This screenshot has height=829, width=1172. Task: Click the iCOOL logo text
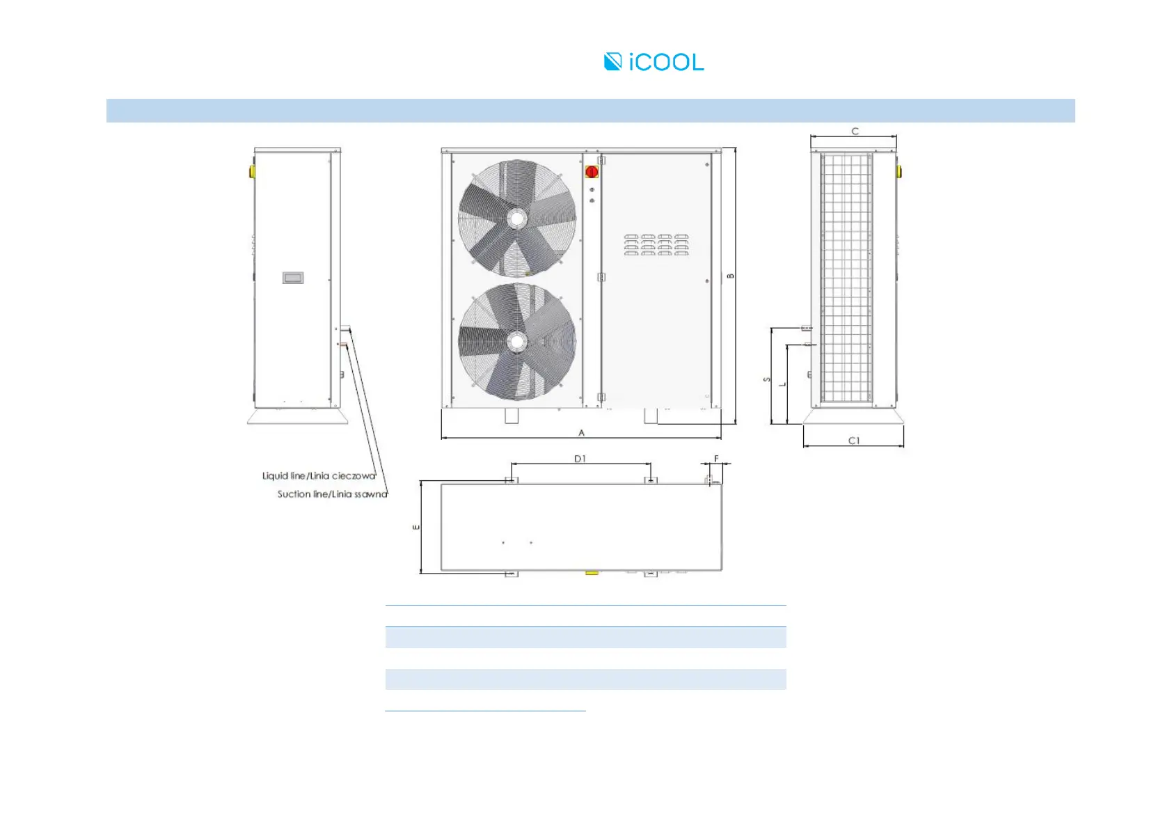click(665, 62)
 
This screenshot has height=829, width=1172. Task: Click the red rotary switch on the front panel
click(592, 171)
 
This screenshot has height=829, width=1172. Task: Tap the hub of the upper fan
click(517, 219)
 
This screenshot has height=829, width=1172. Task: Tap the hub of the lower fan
click(517, 342)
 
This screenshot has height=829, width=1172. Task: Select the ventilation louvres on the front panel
click(656, 245)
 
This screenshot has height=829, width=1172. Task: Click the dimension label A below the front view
click(582, 433)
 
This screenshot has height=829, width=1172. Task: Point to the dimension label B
click(731, 276)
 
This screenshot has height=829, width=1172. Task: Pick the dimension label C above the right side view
click(855, 131)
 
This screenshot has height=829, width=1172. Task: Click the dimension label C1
click(854, 441)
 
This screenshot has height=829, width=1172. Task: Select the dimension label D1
click(580, 459)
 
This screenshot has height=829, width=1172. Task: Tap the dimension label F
click(716, 459)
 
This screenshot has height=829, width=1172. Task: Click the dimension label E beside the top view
click(416, 527)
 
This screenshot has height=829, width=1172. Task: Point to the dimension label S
click(767, 379)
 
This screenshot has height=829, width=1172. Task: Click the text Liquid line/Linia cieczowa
click(319, 476)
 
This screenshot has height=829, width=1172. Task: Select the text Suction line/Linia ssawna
click(332, 494)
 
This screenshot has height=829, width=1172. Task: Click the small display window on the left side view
click(293, 278)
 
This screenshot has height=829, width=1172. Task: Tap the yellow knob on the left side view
click(251, 171)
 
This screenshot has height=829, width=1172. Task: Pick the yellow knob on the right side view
click(899, 171)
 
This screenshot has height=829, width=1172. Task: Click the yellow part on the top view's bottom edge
click(592, 573)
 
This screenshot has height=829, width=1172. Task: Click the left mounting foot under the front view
click(512, 416)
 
